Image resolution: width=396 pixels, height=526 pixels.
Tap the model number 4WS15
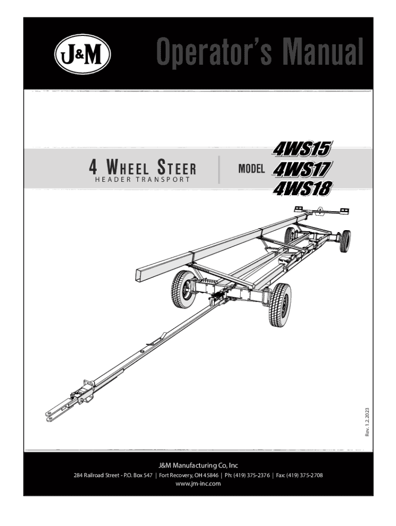tap(303, 149)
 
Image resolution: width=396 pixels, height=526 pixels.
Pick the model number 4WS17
tap(303, 168)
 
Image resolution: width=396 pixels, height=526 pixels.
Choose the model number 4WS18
tap(303, 189)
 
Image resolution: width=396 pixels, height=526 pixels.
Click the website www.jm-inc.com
tap(198, 483)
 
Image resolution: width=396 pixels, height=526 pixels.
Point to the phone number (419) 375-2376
tap(251, 475)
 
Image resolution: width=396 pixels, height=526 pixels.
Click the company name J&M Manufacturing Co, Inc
tap(198, 465)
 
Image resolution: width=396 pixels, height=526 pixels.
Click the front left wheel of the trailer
tap(183, 289)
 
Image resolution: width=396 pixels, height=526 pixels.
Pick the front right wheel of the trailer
tap(280, 305)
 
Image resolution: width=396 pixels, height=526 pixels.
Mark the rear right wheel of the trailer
tap(346, 241)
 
